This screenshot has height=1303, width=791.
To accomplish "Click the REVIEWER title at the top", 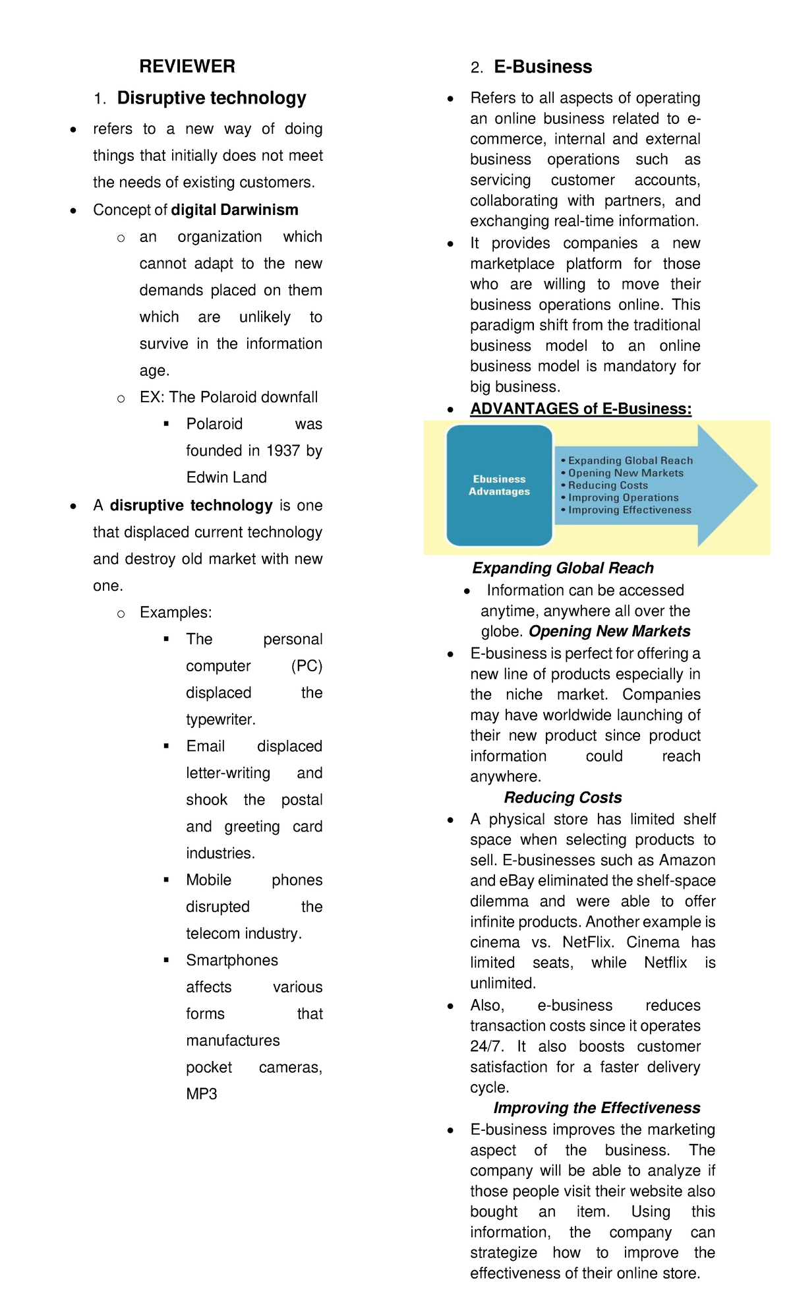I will click(x=187, y=67).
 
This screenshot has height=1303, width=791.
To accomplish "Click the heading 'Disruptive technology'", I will click(x=212, y=98).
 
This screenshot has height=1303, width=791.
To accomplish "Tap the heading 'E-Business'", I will click(x=542, y=67).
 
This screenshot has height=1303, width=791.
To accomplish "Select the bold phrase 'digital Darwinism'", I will click(x=235, y=210).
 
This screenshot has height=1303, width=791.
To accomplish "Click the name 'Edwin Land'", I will click(x=226, y=477).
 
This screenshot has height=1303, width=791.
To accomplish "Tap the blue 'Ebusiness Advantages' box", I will click(x=499, y=485).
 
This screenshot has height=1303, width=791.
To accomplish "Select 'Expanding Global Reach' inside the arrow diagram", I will click(x=630, y=461).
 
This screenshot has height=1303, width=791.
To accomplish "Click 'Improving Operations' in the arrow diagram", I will click(x=623, y=498).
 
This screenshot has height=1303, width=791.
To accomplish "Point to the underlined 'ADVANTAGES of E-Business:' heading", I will click(x=581, y=409).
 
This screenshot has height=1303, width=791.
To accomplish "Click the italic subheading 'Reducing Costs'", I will click(x=562, y=798).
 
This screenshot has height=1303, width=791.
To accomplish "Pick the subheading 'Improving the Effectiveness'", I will click(x=597, y=1108).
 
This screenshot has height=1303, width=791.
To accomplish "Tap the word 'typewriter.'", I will click(x=221, y=719).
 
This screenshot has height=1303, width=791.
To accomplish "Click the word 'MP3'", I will click(x=202, y=1094).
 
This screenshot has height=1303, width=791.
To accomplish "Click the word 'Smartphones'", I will click(x=232, y=960).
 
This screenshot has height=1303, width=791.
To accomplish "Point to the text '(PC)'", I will click(x=307, y=666).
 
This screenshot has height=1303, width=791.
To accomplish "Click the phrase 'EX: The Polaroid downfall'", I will click(x=229, y=397).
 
